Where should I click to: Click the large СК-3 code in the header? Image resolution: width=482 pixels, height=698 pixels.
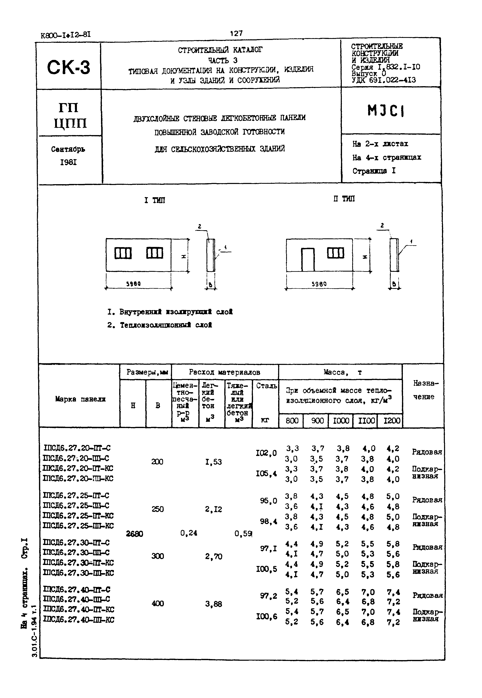[x=69, y=67]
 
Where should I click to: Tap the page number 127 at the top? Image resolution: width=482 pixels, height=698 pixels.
[x=236, y=33]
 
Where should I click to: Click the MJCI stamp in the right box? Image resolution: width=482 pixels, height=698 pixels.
[x=386, y=111]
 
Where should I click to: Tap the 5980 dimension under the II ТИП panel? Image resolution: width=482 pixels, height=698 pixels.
[x=319, y=284]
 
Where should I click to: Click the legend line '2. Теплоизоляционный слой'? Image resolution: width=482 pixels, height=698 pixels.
[x=160, y=325]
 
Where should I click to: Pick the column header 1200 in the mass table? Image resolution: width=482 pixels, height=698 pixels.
[x=392, y=421]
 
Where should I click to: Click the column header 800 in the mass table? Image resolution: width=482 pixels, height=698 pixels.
[x=292, y=421]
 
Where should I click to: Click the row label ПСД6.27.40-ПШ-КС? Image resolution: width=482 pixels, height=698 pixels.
[x=79, y=620]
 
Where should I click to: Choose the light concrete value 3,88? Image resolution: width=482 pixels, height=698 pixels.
[x=213, y=604]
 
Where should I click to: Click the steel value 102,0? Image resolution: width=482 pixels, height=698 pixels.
[x=266, y=453]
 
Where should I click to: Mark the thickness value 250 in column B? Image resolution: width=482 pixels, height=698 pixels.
[x=157, y=509]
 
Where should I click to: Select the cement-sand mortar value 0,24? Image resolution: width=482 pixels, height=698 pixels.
[x=189, y=533]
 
